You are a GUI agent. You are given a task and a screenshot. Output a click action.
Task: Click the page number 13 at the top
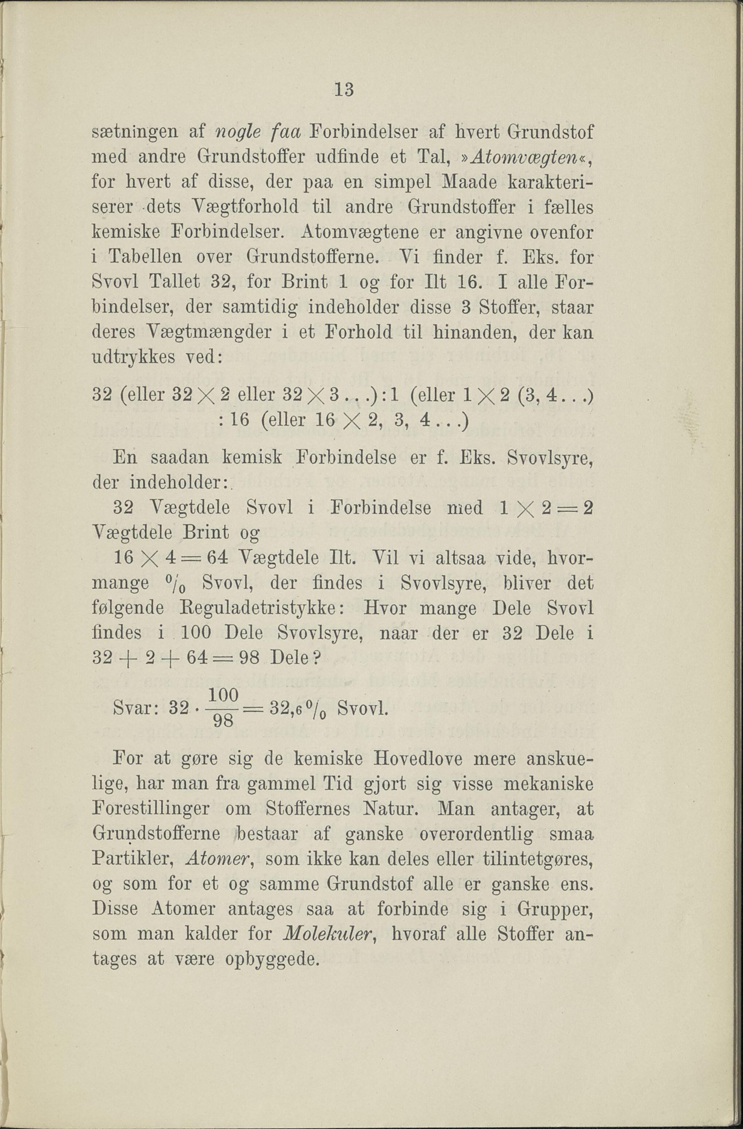pos(344,90)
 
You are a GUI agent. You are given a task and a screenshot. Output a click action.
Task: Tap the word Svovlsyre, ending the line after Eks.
pos(550,458)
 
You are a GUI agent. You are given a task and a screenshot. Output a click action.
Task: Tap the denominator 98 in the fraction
pos(223,722)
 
